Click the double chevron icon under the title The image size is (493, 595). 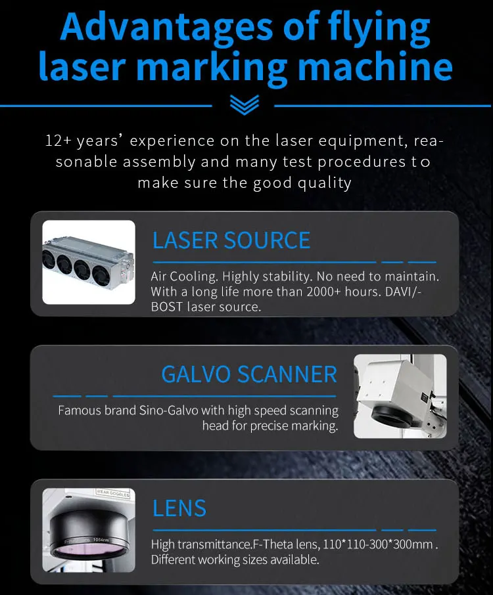(245, 104)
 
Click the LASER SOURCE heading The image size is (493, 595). (231, 240)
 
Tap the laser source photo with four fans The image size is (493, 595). (89, 261)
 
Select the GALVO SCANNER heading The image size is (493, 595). (248, 374)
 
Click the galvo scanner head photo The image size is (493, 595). (400, 396)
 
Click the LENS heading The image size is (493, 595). (179, 508)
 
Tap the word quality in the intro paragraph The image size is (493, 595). (325, 182)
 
